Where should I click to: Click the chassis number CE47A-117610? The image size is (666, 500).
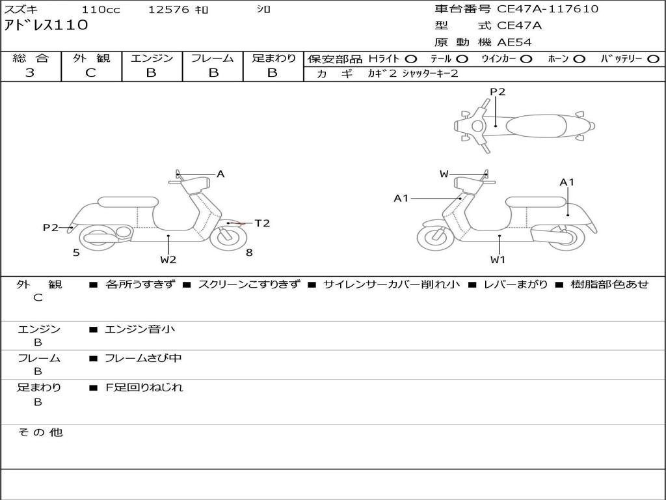tap(548, 9)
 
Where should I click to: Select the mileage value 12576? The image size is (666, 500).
tap(168, 10)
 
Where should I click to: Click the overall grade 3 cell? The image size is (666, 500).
tap(30, 73)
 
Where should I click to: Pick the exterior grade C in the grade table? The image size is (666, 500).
tap(90, 73)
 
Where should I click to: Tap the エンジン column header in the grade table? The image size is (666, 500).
tap(152, 58)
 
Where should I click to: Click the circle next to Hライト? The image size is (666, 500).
tap(411, 59)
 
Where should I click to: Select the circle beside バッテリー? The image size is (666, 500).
tap(653, 59)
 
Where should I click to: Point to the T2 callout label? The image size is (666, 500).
tap(261, 223)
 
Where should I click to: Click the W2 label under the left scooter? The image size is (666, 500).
tap(168, 260)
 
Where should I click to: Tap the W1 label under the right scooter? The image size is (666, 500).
tap(498, 260)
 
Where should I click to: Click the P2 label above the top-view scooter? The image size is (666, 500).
tap(498, 92)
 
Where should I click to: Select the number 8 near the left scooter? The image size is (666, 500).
tap(249, 253)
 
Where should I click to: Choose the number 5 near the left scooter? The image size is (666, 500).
tap(76, 253)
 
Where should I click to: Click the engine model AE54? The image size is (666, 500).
tap(514, 42)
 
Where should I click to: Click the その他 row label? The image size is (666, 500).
tap(40, 432)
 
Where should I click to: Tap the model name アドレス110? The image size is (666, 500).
tap(46, 26)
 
